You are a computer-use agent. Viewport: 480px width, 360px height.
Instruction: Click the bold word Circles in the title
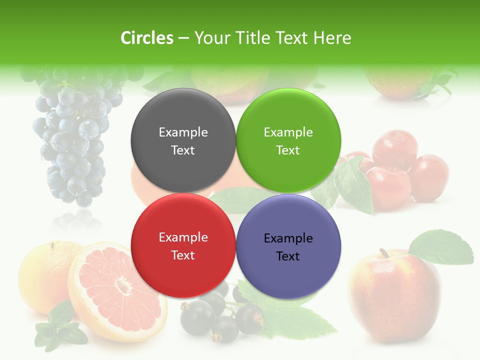pyautogui.click(x=146, y=38)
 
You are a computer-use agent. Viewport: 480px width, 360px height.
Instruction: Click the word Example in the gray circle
pyautogui.click(x=183, y=132)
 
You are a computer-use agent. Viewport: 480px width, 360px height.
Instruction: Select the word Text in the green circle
pyautogui.click(x=288, y=150)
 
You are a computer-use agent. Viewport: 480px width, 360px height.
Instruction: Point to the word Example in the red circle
pyautogui.click(x=183, y=237)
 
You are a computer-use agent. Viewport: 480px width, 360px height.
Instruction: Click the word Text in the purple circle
pyautogui.click(x=288, y=256)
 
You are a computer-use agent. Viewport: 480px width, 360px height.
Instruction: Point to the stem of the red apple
pyautogui.click(x=384, y=253)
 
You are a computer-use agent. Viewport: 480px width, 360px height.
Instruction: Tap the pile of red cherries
pyautogui.click(x=400, y=170)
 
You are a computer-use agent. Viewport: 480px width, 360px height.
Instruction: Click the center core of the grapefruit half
pyautogui.click(x=121, y=286)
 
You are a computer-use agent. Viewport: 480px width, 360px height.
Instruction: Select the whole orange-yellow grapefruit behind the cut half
pyautogui.click(x=42, y=275)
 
